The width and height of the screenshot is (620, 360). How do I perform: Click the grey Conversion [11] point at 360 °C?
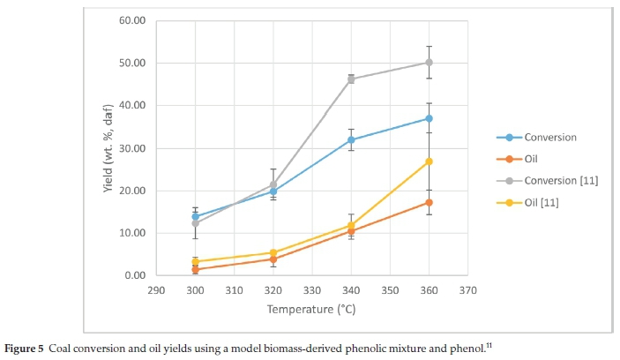pyautogui.click(x=429, y=63)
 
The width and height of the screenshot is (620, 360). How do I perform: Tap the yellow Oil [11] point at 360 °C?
pyautogui.click(x=429, y=161)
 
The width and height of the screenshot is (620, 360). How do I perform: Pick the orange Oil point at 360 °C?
pyautogui.click(x=429, y=202)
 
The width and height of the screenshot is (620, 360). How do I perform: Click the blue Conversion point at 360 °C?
pyautogui.click(x=429, y=118)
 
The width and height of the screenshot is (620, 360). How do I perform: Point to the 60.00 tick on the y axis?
pyautogui.click(x=131, y=20)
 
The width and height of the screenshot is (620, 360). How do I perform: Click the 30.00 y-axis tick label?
pyautogui.click(x=131, y=148)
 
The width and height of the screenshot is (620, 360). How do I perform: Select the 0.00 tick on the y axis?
pyautogui.click(x=134, y=275)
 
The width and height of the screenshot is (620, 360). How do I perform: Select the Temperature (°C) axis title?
pyautogui.click(x=312, y=310)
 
